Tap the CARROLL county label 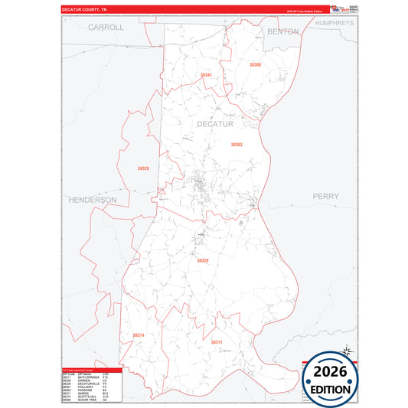[106, 27]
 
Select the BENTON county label [283, 31]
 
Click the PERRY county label [325, 196]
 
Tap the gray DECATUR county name [214, 124]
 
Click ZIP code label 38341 [205, 75]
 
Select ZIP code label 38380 [255, 64]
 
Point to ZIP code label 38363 [237, 144]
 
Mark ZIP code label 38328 [143, 168]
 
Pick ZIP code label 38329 [202, 260]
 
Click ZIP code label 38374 [138, 335]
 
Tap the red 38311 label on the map [217, 342]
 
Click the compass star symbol [346, 352]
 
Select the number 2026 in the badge [331, 372]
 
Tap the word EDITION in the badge [331, 389]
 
